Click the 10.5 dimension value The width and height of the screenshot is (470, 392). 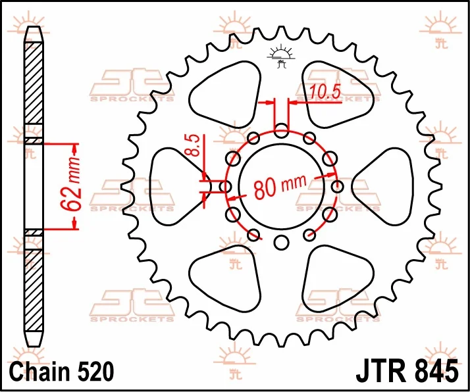coord(325,91)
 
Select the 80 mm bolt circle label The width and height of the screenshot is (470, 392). coord(280,187)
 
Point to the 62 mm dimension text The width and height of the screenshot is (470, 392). coord(70,183)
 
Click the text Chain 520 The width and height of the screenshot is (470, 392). coord(62,372)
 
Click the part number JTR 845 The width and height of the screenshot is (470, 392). coord(407,372)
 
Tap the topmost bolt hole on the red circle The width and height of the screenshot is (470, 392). coord(281,131)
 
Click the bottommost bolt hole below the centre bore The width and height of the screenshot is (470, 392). coord(281,243)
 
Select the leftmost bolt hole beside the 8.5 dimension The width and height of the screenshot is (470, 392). coord(225,187)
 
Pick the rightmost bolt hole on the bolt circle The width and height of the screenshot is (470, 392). coord(337,187)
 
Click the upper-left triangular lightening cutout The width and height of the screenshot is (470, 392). coord(225,94)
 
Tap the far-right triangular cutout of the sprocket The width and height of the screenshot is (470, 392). coord(382,187)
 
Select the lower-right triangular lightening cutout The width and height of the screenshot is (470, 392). coord(338,279)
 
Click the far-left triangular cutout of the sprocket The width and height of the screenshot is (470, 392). coord(180,187)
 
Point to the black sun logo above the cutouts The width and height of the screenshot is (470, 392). coord(281,57)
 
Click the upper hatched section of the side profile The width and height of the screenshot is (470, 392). coord(34,84)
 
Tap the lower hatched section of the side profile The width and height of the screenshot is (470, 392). coord(34,290)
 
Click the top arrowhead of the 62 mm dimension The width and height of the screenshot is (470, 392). coord(74,147)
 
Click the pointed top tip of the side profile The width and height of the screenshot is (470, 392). coord(34,27)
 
